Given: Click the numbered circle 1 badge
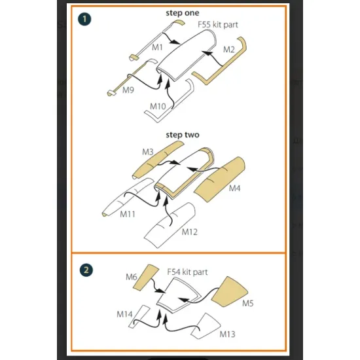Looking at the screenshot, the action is point(84,19).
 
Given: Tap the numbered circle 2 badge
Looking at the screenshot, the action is point(86,270).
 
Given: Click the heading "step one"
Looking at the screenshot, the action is point(183,13).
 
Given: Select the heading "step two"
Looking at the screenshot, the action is point(183,135).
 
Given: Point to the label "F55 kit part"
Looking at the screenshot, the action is point(218,25).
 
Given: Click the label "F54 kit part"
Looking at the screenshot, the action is point(187,272).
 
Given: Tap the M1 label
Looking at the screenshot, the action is point(157,47).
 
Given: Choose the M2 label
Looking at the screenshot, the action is point(229,49).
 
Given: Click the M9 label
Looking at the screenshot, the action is point(128,90).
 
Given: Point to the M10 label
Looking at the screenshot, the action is point(158,106).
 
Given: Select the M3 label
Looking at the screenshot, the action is point(148,152).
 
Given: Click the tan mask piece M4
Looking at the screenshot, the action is point(219,179).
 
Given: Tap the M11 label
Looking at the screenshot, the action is point(128,214).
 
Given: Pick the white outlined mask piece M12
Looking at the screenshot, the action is point(170,225).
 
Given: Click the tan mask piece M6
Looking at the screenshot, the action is point(146,278).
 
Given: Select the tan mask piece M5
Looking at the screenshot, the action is point(230,292).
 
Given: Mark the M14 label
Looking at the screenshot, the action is point(124,314).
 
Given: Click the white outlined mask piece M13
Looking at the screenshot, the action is point(206,326).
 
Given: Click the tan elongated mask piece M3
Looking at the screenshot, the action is point(158,160).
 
